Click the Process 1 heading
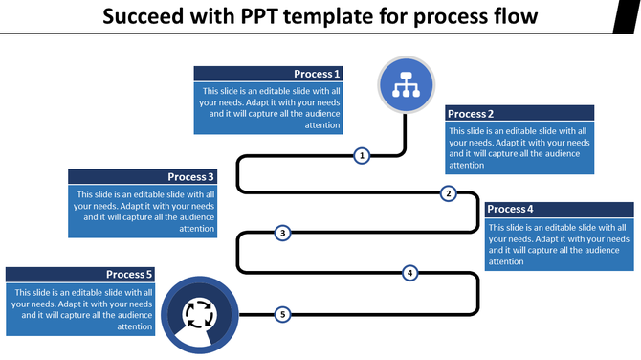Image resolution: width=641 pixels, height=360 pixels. pyautogui.click(x=316, y=74)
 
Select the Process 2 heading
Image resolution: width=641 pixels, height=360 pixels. pyautogui.click(x=471, y=114)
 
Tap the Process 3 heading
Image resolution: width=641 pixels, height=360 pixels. pyautogui.click(x=191, y=177)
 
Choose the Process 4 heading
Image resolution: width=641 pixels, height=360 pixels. pyautogui.click(x=510, y=209)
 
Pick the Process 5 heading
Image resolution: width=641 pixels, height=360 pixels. pyautogui.click(x=129, y=275)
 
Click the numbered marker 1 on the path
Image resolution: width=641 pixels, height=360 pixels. pyautogui.click(x=362, y=155)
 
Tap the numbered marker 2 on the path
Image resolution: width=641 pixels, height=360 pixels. pyautogui.click(x=448, y=193)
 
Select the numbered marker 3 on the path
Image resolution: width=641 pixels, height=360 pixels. pyautogui.click(x=282, y=233)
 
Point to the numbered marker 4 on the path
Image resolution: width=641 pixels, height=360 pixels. pyautogui.click(x=409, y=273)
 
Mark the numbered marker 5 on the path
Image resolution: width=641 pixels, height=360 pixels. pyautogui.click(x=282, y=314)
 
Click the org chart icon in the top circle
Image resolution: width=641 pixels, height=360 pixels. pyautogui.click(x=407, y=83)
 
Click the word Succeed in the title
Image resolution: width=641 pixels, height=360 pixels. pyautogui.click(x=144, y=17)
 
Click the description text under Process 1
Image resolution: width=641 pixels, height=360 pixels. pyautogui.click(x=269, y=107)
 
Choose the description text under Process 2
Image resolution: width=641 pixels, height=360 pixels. pyautogui.click(x=519, y=147)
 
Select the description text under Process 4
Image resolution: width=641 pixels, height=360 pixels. pyautogui.click(x=559, y=244)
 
